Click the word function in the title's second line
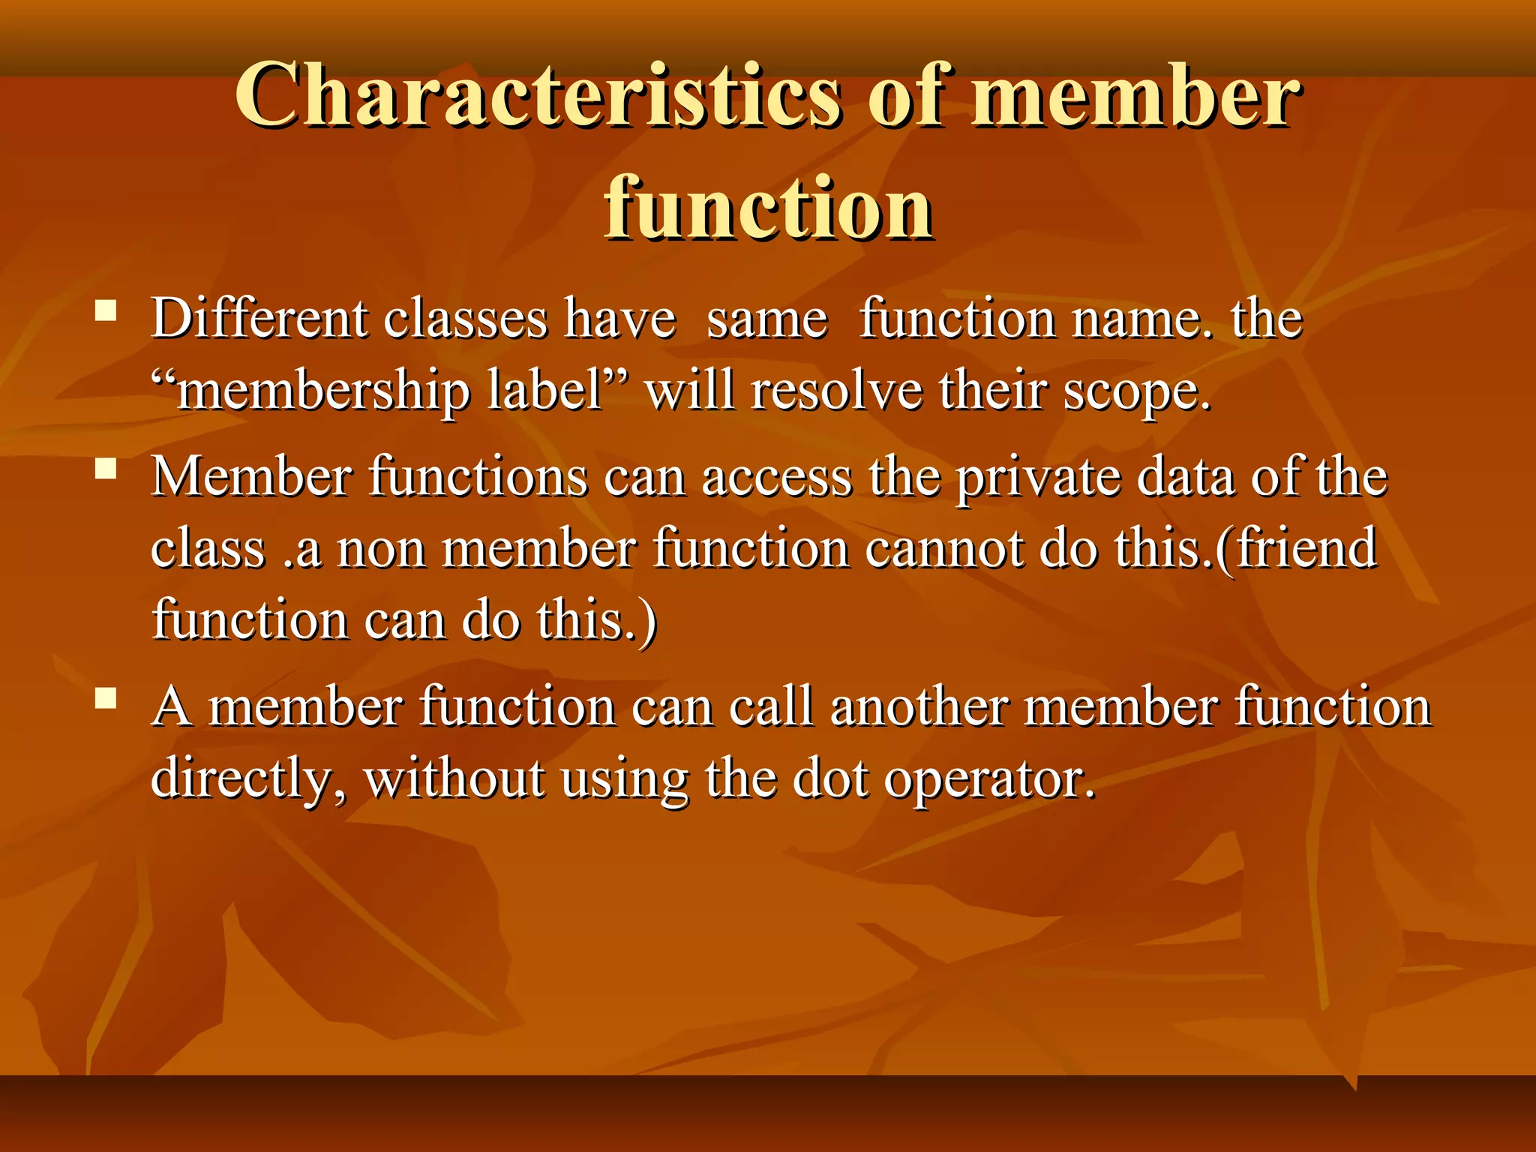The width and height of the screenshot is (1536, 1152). pyautogui.click(x=768, y=208)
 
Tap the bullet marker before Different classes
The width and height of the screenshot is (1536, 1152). pyautogui.click(x=106, y=310)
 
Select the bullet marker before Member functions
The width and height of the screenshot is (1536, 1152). pyautogui.click(x=106, y=469)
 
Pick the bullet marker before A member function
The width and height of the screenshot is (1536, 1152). pyautogui.click(x=106, y=699)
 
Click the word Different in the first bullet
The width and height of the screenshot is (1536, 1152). pyautogui.click(x=259, y=319)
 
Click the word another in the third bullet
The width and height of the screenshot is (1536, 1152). pyautogui.click(x=918, y=707)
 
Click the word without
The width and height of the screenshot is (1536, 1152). pyautogui.click(x=454, y=779)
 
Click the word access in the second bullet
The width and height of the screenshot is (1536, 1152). pyautogui.click(x=777, y=478)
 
